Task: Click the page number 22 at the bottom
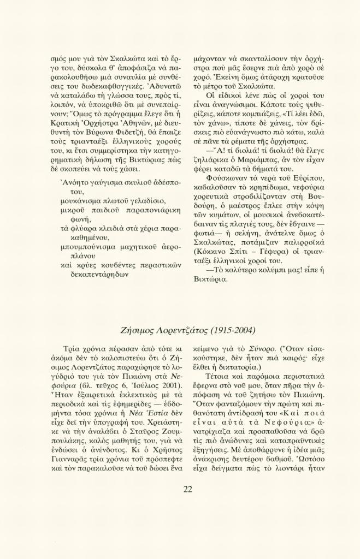click(x=187, y=489)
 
